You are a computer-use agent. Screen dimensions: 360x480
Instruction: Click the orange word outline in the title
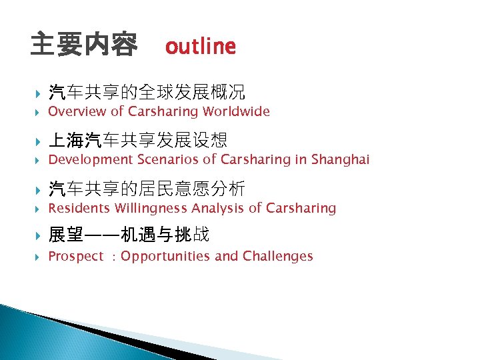point(200,46)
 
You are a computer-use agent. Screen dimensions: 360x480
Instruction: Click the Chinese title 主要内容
point(84,45)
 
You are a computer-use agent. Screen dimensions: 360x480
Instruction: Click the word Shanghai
point(340,159)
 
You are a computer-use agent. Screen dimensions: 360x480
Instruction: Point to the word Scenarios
point(169,159)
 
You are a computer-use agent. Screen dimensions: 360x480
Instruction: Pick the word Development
point(91,159)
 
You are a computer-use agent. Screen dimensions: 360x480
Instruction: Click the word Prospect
point(76,256)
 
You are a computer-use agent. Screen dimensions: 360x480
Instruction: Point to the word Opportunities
point(165,256)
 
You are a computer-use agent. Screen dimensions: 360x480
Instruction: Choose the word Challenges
point(277,256)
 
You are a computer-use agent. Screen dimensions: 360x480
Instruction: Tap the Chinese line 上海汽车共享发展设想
point(138,140)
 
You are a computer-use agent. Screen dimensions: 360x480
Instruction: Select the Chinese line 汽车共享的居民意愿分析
point(147,188)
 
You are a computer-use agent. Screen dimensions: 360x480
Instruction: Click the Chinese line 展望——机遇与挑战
point(129,236)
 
